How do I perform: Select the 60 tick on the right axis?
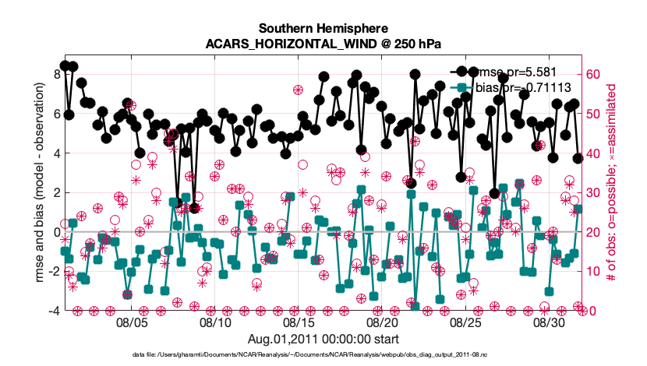click(594, 75)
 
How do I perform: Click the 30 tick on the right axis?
click(594, 192)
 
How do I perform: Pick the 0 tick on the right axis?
click(591, 311)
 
